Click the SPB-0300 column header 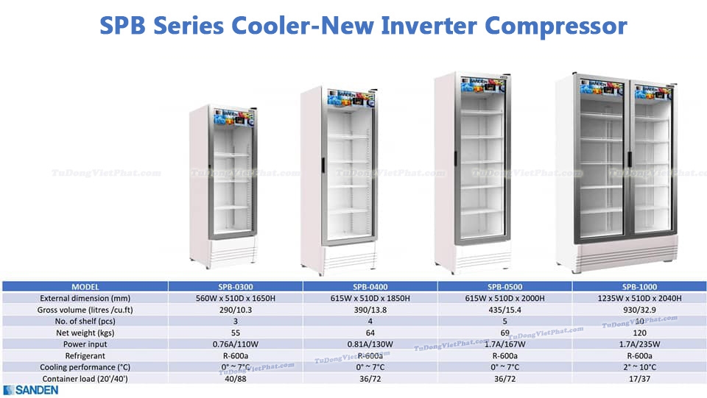tap(236, 286)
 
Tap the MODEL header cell tap(85, 286)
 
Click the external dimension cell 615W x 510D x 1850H tap(371, 298)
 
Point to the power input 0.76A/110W tap(236, 344)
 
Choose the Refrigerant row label tap(85, 355)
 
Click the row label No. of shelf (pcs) tap(85, 321)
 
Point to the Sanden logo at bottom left tap(31, 390)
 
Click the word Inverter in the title tap(429, 26)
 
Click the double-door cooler tap(625, 169)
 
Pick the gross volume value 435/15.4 tap(505, 310)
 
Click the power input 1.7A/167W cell tap(505, 344)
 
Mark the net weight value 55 tap(236, 333)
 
